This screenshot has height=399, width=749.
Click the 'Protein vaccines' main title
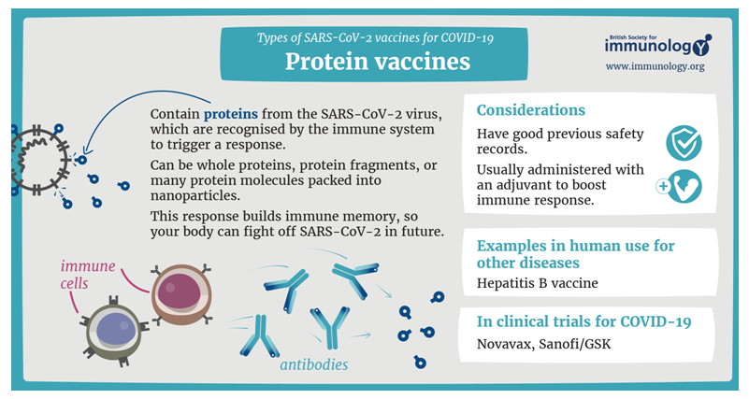tap(378, 62)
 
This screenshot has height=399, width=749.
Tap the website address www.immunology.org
tap(655, 66)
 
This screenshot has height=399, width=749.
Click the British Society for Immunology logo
tap(657, 46)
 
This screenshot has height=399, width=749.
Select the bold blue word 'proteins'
tap(231, 115)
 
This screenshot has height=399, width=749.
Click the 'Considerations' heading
tap(531, 110)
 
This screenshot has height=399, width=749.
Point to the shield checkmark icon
tap(684, 143)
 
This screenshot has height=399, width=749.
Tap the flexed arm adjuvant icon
tap(685, 187)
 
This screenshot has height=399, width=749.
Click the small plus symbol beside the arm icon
tap(663, 186)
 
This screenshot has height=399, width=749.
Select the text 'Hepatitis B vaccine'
tap(537, 283)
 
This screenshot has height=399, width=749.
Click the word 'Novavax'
tap(505, 344)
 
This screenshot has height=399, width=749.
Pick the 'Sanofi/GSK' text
tap(575, 344)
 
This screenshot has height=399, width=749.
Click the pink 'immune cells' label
tap(88, 275)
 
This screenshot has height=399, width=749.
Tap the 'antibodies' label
tap(314, 365)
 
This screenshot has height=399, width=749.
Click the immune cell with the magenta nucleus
tap(181, 294)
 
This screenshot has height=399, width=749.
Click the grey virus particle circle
tap(39, 160)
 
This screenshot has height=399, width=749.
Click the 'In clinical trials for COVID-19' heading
tap(583, 322)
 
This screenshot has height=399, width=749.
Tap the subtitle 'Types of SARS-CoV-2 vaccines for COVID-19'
tap(375, 38)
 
